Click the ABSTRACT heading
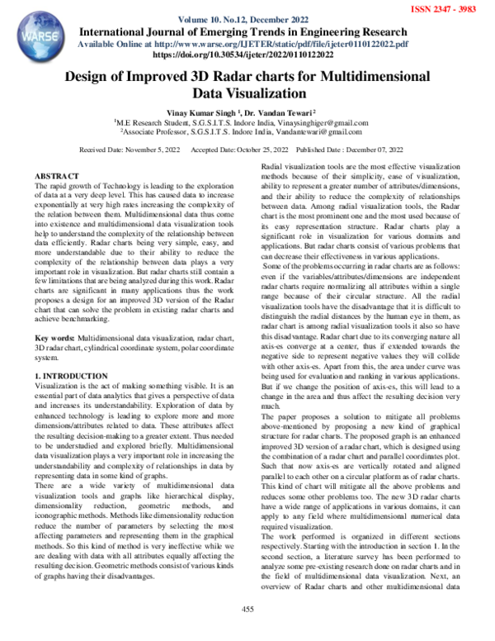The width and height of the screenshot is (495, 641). pos(58,178)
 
